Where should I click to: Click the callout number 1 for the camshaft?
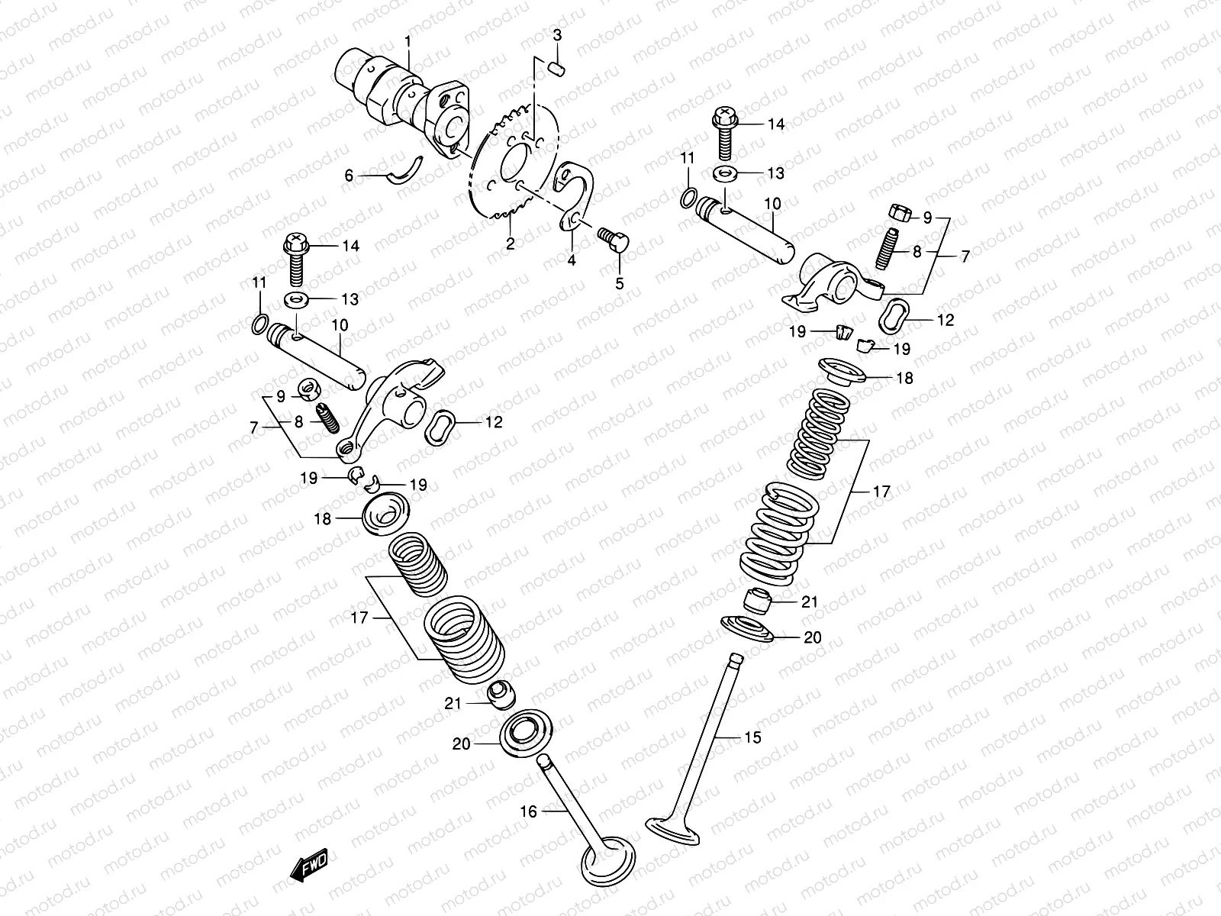tap(408, 40)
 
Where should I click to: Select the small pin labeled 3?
tap(558, 68)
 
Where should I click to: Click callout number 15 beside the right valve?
tap(752, 737)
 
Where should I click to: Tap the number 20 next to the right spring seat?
tap(813, 637)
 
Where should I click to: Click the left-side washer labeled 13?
tap(297, 298)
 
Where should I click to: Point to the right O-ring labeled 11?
tap(687, 199)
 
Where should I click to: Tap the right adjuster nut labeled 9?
tap(898, 214)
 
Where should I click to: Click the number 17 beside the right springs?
tap(881, 492)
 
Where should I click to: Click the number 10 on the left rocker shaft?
tap(340, 326)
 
